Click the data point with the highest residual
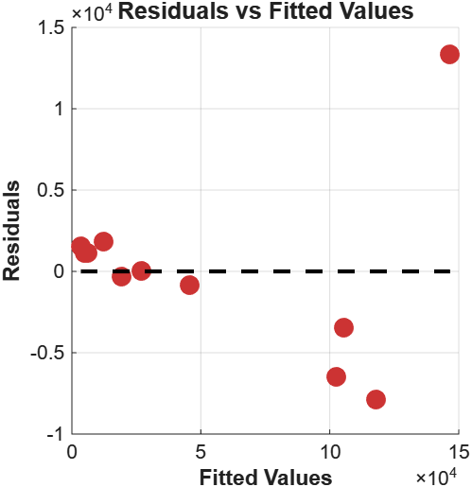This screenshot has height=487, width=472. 449,55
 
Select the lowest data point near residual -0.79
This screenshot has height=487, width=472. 376,399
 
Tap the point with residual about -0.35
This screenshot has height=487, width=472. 343,327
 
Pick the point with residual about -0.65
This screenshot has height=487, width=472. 336,376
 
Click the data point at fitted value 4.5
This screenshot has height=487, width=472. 189,285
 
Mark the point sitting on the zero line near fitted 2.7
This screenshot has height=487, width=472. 141,271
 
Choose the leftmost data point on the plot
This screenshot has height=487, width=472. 80,246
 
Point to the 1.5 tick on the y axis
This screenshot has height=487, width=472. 52,28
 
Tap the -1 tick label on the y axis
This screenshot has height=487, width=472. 55,434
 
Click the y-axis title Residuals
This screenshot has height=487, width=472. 12,231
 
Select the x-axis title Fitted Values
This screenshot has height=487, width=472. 265,477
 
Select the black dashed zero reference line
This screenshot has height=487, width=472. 265,271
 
